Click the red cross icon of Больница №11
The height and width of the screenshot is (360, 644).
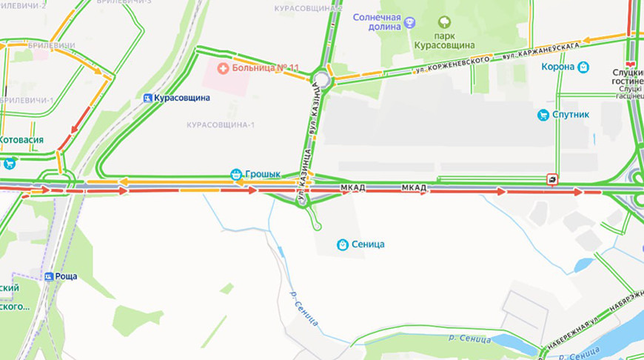point(221,68)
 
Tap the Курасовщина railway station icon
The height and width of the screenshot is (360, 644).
point(148,98)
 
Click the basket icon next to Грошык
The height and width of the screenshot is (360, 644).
point(236,174)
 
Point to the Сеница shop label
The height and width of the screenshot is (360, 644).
point(368,244)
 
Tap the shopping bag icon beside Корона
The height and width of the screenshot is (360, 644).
point(583,67)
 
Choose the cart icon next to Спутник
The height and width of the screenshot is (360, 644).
point(543,115)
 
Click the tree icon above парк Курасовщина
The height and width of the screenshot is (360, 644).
point(445,22)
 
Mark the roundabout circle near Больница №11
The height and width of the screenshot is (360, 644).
point(321,79)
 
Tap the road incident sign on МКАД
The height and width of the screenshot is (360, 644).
point(552,179)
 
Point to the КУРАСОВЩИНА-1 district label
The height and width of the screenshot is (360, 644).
point(221,124)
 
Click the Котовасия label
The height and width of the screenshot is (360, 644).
point(21,139)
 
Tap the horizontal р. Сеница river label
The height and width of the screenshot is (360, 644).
point(469,339)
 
